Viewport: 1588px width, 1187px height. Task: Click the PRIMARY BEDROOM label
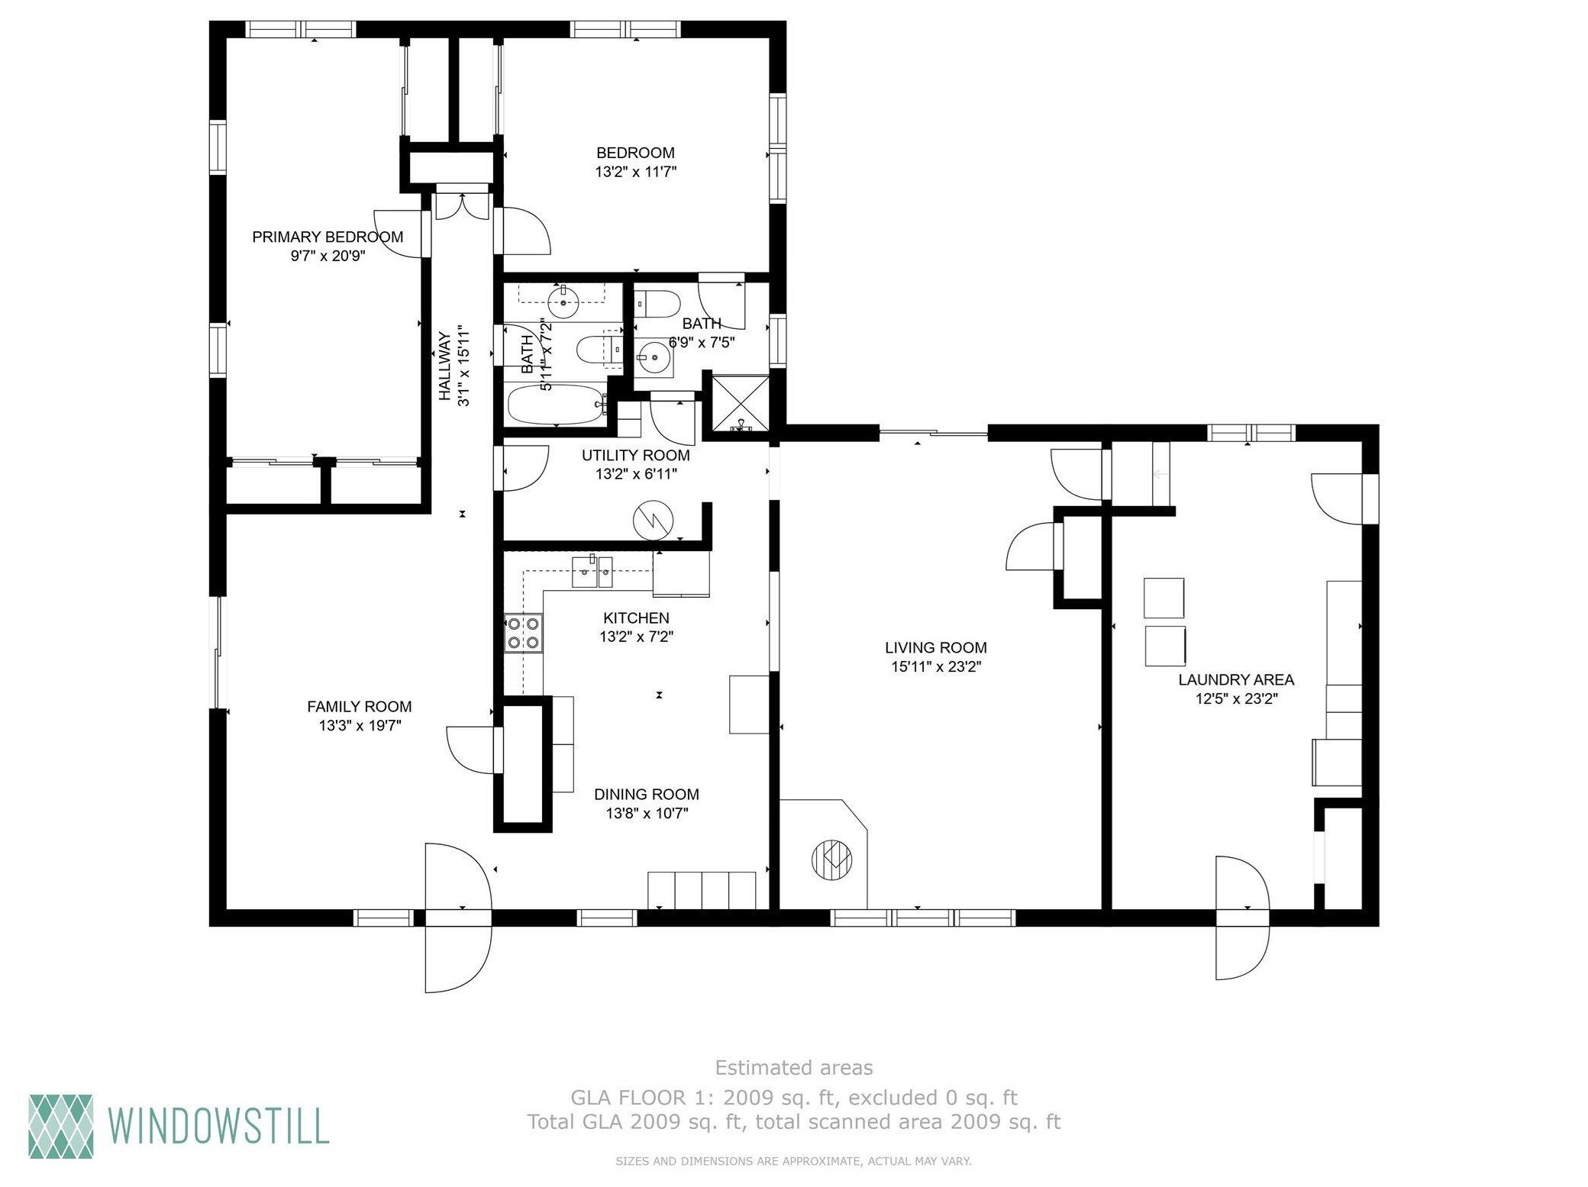coord(328,237)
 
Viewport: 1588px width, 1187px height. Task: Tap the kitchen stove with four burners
coord(523,634)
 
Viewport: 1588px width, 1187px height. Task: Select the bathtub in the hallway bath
coord(556,405)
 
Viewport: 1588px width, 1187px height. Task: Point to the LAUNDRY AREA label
coord(1236,679)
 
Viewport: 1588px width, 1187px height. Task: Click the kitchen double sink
coord(592,572)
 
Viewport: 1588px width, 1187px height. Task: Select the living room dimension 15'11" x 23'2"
coord(936,666)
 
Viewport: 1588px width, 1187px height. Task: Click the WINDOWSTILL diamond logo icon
coord(61,1126)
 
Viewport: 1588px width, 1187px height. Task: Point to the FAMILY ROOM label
coord(359,707)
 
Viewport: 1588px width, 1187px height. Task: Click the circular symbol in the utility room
coord(654,521)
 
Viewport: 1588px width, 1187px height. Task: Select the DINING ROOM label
coord(647,795)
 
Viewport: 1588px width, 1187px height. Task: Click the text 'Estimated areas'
coord(794,1067)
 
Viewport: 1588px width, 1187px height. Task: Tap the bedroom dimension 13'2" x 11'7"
coord(636,172)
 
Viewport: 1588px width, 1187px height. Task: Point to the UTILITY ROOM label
coord(636,456)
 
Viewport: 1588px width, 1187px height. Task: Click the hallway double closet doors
coord(463,202)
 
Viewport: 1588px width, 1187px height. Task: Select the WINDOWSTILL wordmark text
coord(219,1126)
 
